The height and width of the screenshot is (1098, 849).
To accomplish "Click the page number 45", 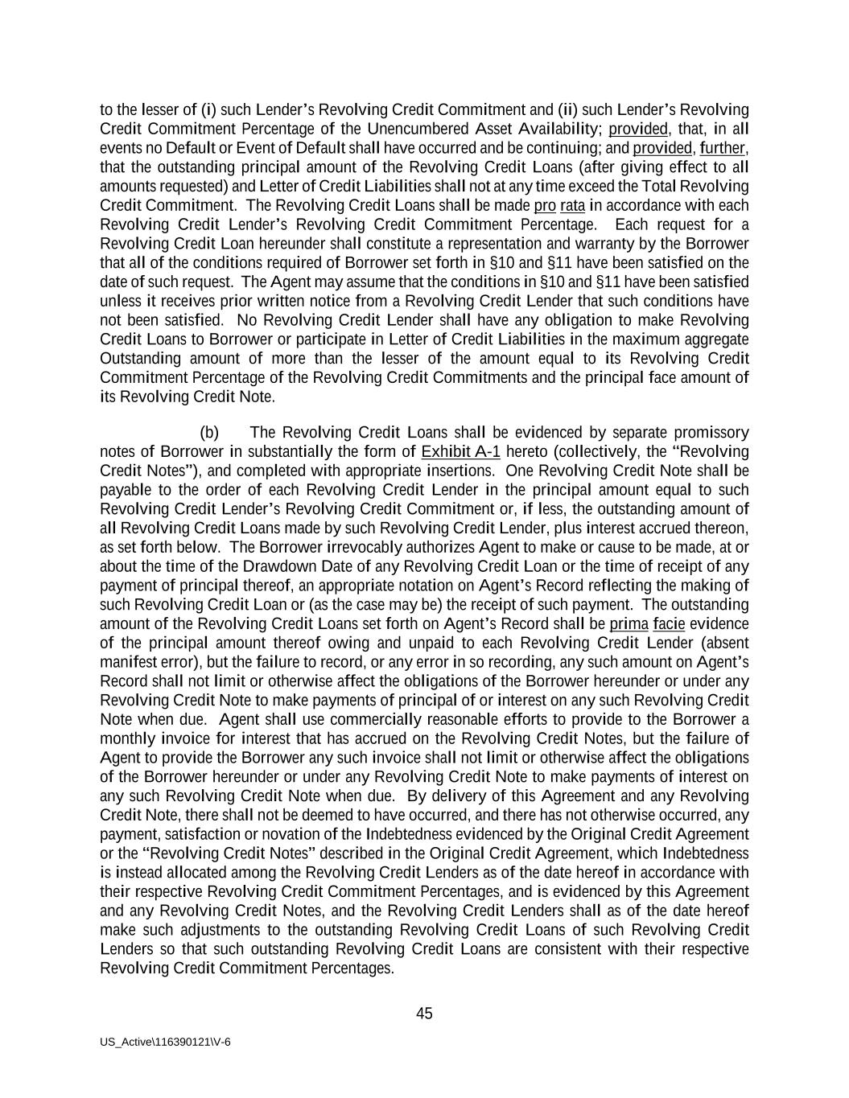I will click(x=424, y=1014).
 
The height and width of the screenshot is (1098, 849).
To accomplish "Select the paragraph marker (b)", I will click(x=209, y=433).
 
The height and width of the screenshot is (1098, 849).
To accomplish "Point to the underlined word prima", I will click(x=629, y=624).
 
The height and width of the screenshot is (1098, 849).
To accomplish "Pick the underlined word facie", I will click(x=669, y=624).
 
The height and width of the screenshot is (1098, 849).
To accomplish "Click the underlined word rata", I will click(x=572, y=205).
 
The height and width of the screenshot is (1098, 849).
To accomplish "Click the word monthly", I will click(x=127, y=738).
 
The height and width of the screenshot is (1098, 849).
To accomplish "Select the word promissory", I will click(x=711, y=433).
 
